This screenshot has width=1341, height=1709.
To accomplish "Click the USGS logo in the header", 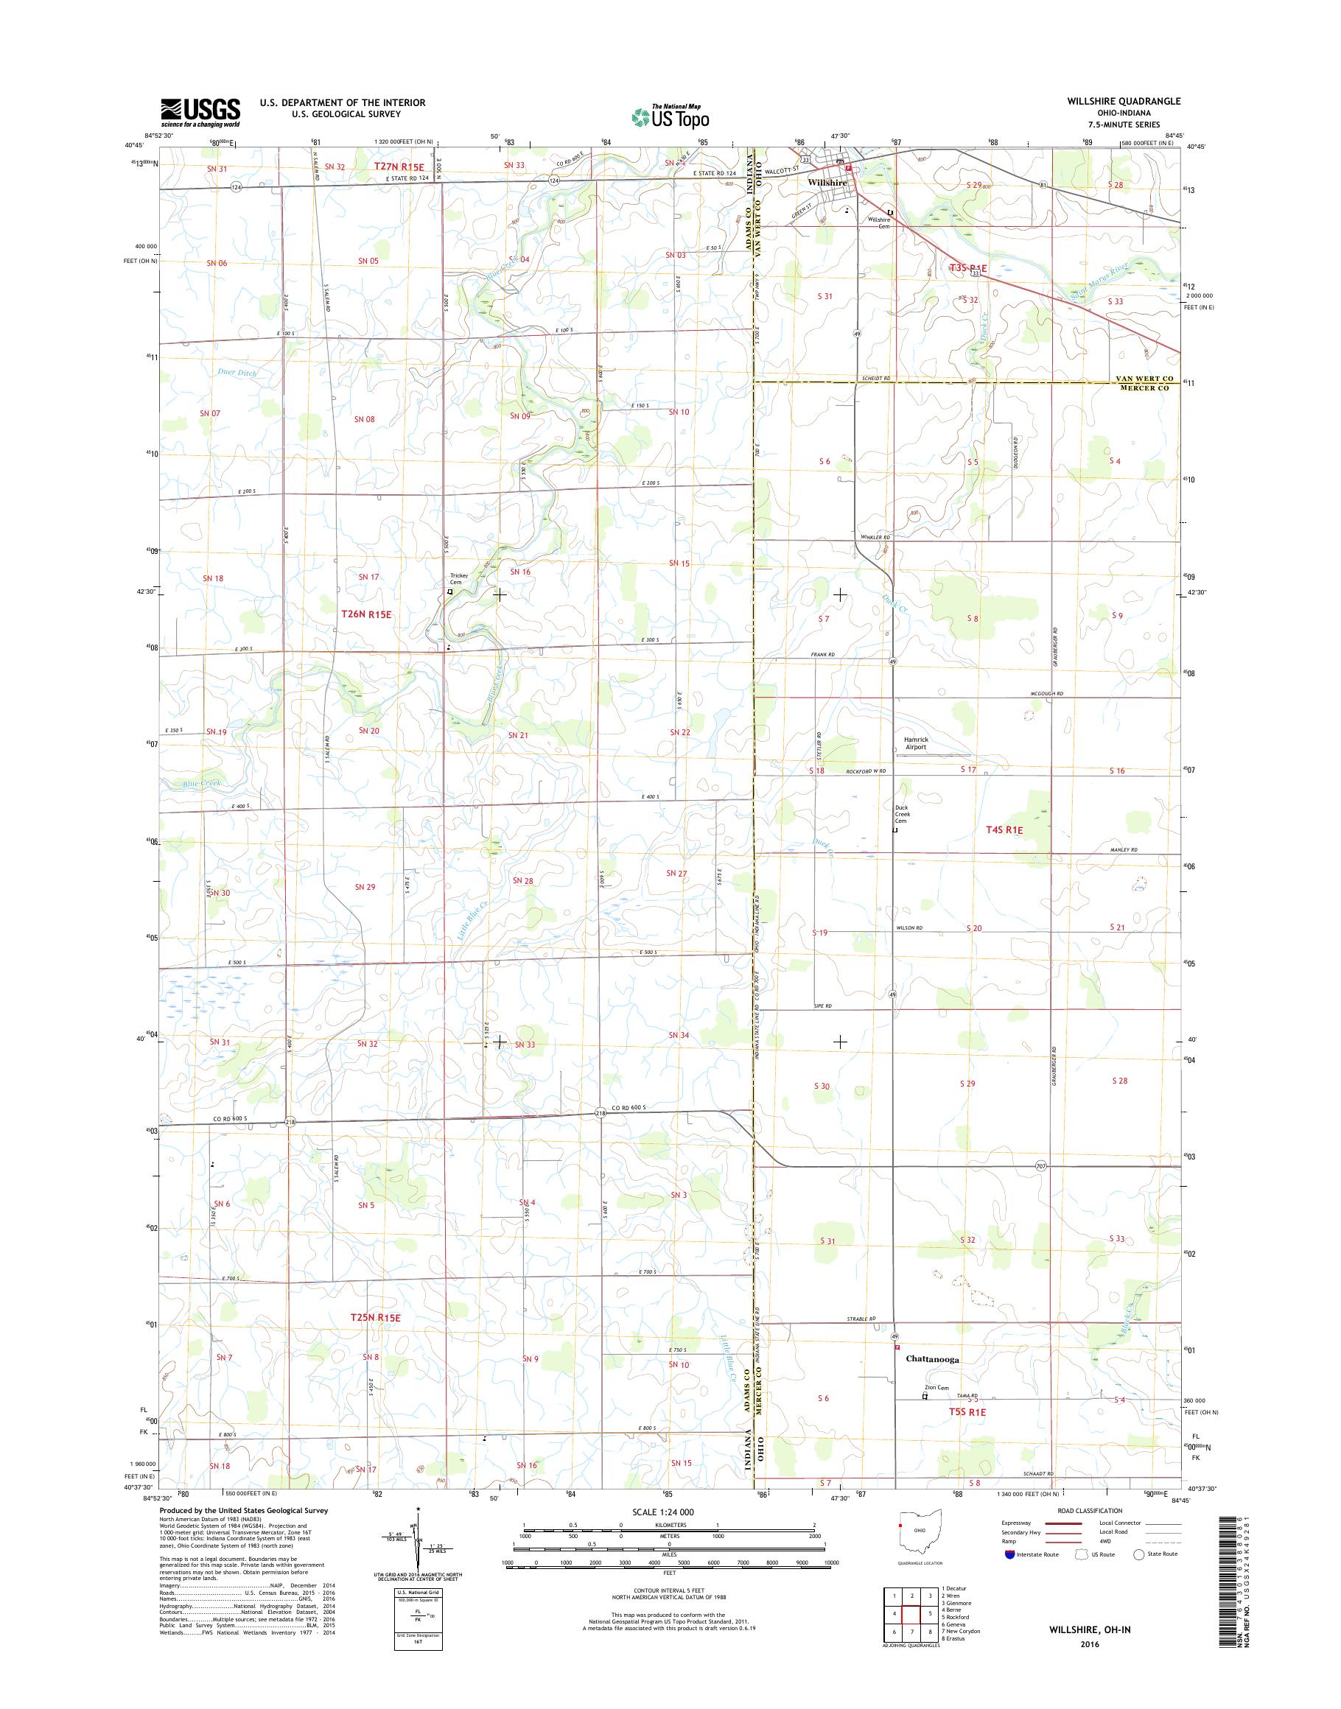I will (x=200, y=112).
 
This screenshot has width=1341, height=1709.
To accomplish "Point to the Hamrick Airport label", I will (x=915, y=743).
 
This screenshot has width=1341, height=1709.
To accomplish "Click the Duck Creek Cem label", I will (x=902, y=814).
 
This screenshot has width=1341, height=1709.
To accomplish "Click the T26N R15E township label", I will (x=366, y=615).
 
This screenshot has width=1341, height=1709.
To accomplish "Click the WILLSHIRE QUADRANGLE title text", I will (x=1123, y=101).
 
